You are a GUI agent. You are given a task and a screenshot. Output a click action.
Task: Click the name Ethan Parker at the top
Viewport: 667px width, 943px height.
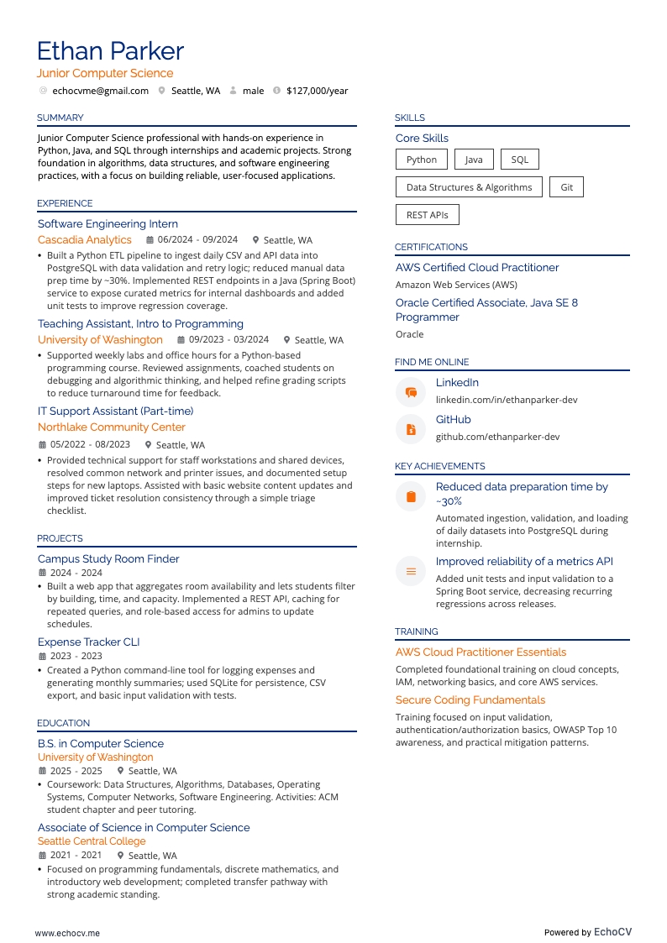pos(110,51)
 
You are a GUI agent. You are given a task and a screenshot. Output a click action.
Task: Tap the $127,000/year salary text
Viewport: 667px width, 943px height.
pos(317,91)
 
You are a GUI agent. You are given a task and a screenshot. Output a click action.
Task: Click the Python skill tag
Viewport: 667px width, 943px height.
pos(421,160)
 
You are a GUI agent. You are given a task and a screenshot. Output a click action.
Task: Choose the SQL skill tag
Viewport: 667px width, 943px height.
pos(519,160)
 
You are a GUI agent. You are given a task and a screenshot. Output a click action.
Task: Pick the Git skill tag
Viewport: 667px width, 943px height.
pos(566,187)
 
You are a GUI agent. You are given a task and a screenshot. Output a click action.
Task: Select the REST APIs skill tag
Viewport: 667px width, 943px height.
pos(427,215)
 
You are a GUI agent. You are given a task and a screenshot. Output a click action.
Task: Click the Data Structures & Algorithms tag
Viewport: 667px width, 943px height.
pos(469,187)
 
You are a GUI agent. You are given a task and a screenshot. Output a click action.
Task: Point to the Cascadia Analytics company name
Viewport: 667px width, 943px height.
pos(85,240)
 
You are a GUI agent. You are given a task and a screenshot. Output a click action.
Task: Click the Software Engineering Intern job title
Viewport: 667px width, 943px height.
pos(108,224)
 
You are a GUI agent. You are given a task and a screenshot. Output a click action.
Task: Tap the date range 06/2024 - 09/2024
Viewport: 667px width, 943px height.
pos(197,240)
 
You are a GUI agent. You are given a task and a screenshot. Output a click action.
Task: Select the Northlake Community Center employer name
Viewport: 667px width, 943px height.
pos(112,427)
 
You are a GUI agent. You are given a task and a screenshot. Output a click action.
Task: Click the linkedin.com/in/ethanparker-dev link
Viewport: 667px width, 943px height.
pos(506,400)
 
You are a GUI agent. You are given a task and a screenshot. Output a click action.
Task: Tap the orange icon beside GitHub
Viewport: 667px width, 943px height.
pos(411,429)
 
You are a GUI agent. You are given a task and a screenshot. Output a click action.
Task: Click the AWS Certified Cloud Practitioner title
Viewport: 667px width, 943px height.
pos(477,268)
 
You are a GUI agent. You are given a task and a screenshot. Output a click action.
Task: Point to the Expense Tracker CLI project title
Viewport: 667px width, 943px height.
pos(88,642)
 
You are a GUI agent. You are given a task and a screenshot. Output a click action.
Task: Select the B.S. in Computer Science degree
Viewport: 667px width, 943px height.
pos(101,744)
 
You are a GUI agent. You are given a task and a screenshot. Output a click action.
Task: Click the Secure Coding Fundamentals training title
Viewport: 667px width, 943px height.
pos(470,700)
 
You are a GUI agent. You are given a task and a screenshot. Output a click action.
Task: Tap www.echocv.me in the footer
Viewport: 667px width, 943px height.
pos(67,932)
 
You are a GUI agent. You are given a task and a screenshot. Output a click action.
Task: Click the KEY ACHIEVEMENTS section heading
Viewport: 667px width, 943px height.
pos(440,466)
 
